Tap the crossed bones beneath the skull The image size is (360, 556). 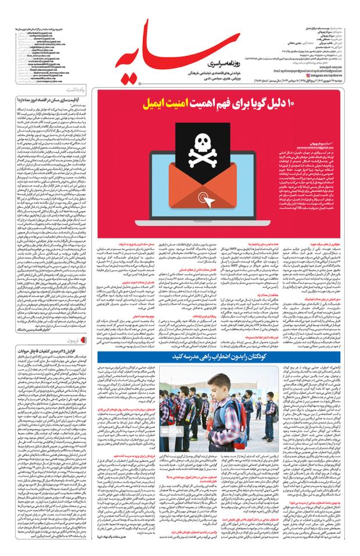(x=190, y=157)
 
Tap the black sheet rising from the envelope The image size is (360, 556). (x=190, y=148)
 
